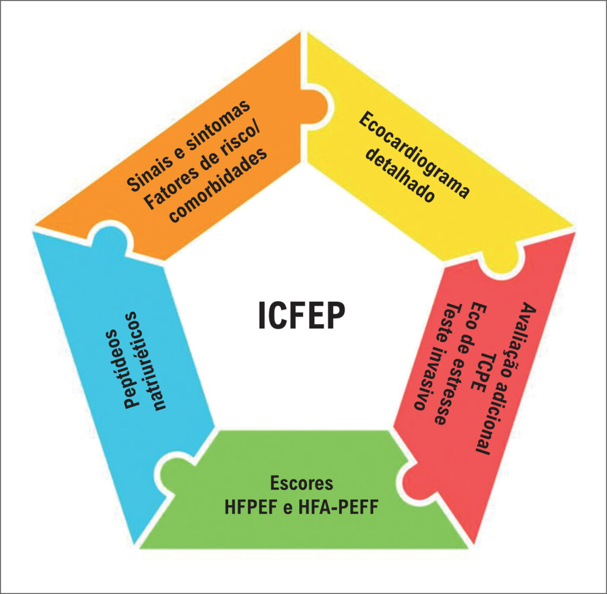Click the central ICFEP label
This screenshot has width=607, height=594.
(x=301, y=315)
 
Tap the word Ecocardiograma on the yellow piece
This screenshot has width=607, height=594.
(x=414, y=155)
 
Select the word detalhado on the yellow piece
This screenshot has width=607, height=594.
(x=401, y=175)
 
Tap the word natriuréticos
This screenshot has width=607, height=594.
(x=152, y=360)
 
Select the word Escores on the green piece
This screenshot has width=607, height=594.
(x=302, y=483)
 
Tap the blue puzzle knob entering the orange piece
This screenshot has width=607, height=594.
(x=109, y=239)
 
